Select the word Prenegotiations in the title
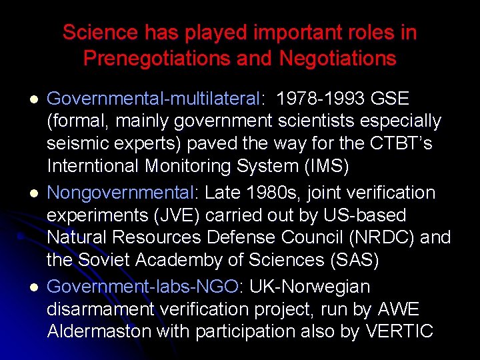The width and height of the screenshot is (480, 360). [x=157, y=59]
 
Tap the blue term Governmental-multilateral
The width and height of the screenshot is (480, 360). [x=153, y=99]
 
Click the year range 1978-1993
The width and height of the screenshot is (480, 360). [x=319, y=99]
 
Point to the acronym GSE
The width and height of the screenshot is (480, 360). [x=389, y=99]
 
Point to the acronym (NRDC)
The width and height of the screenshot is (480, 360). [x=375, y=238]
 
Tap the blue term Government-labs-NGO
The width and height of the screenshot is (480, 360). [x=143, y=287]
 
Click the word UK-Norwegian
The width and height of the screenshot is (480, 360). [x=310, y=287]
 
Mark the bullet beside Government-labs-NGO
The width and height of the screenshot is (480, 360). [x=33, y=287]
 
